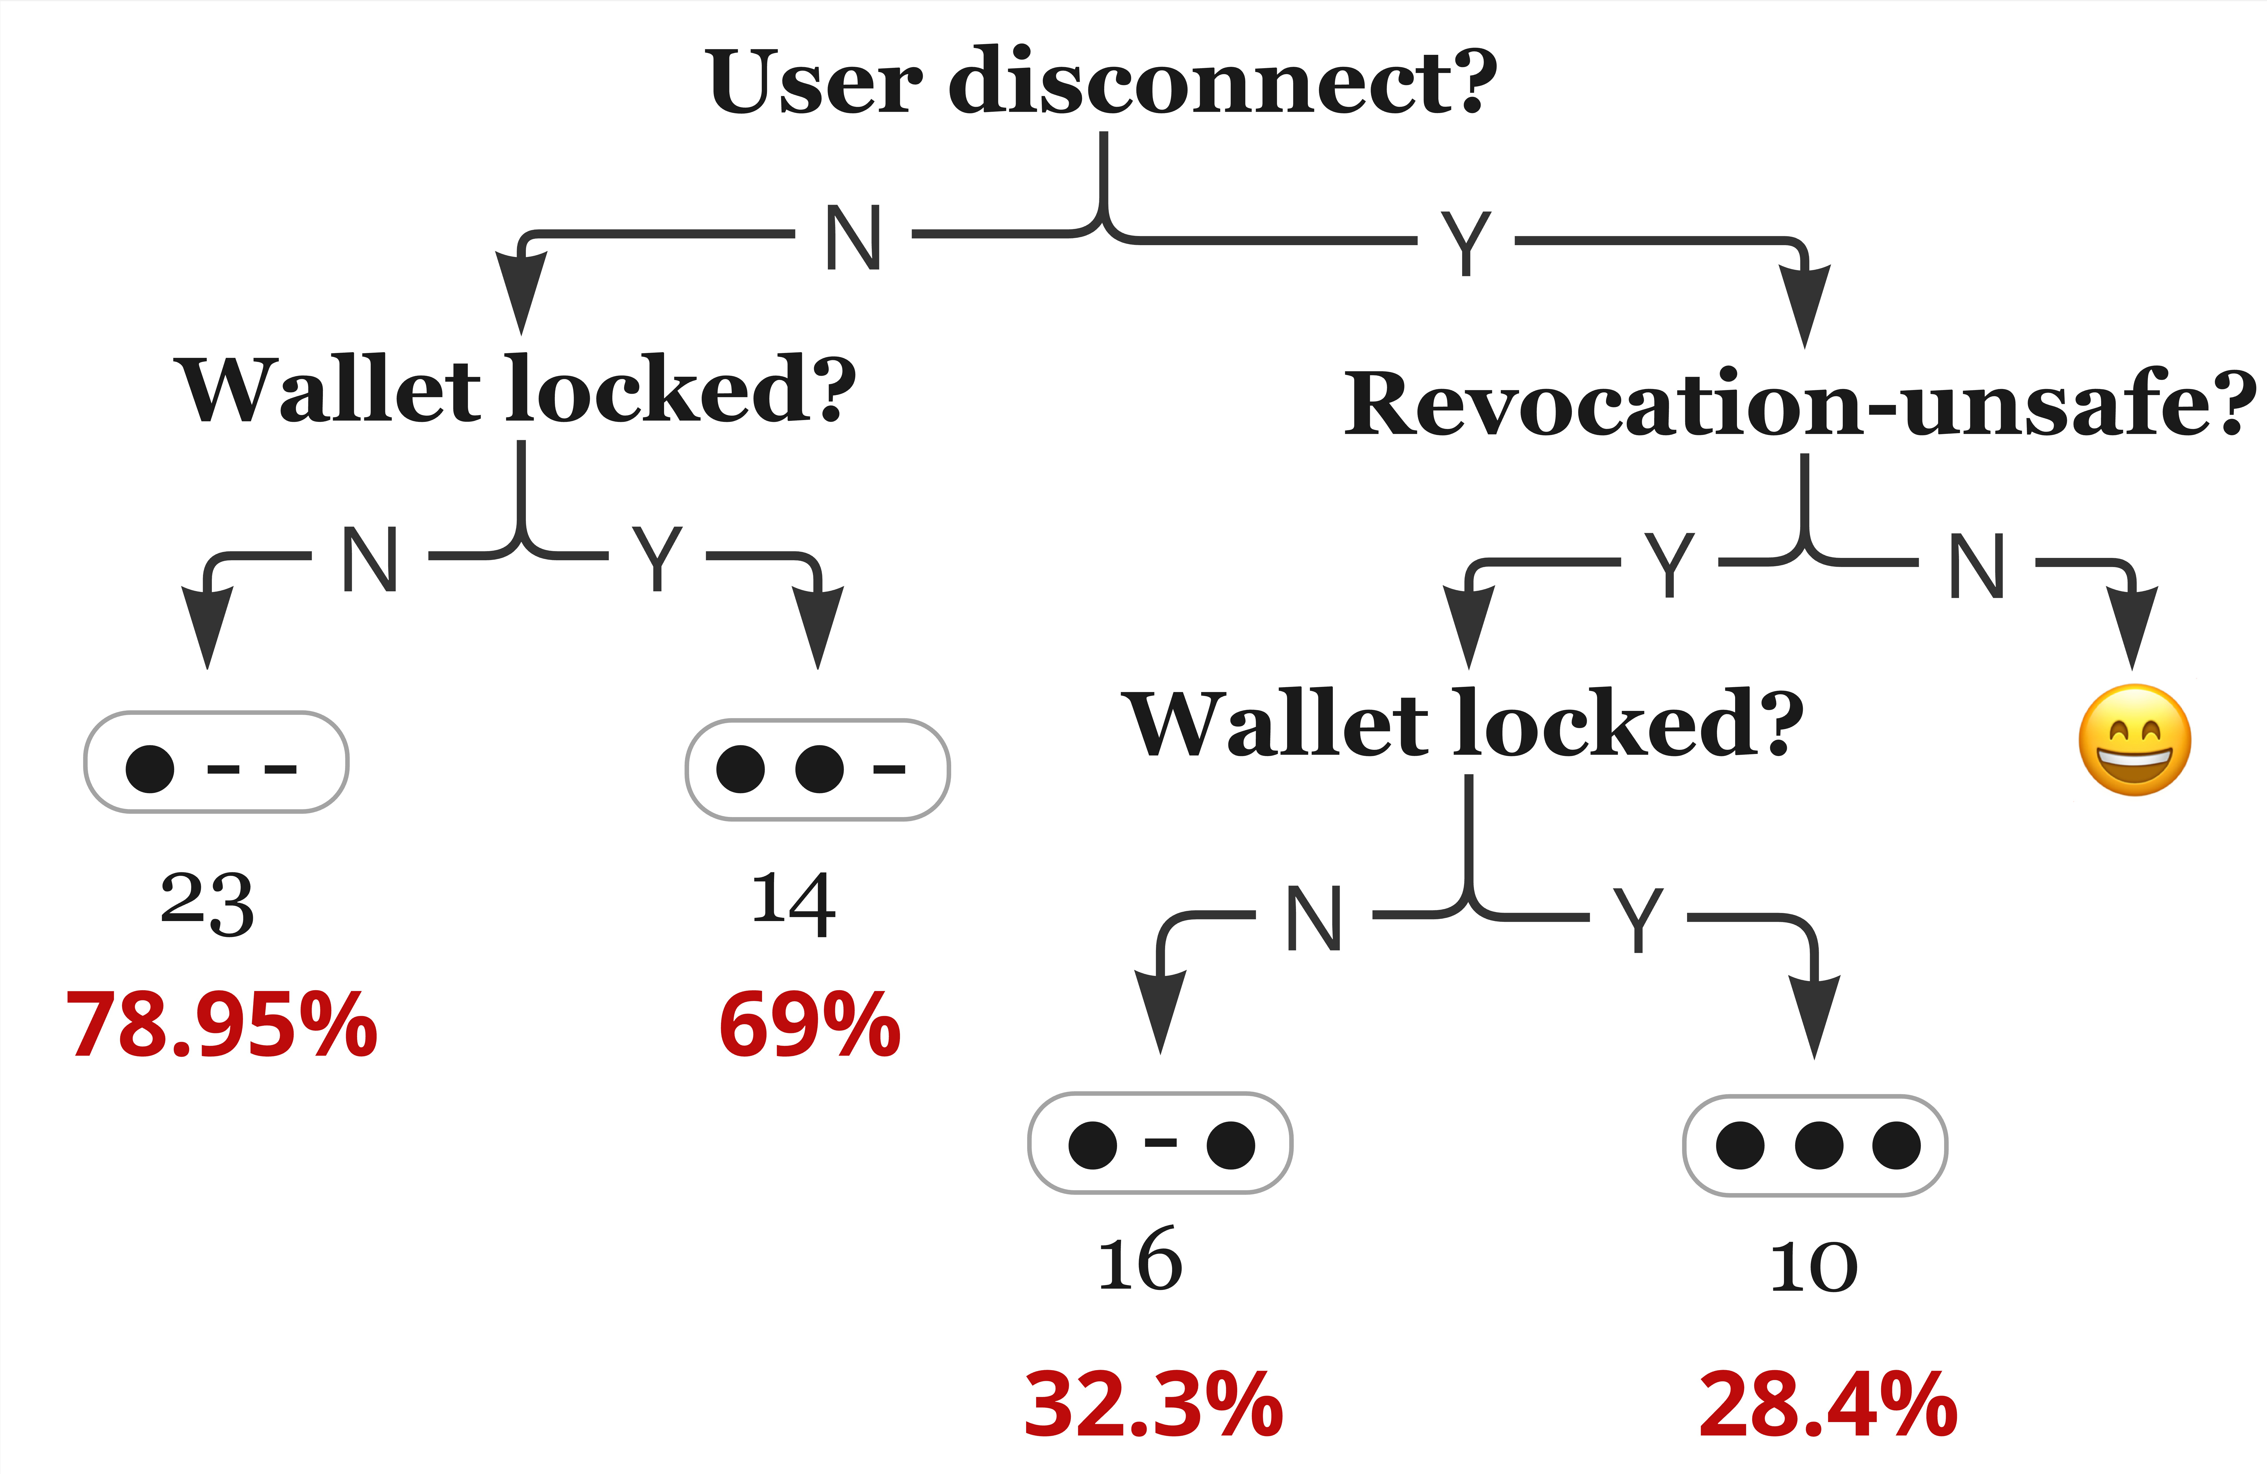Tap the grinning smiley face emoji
(2135, 740)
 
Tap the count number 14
(793, 903)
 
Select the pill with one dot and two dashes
(216, 762)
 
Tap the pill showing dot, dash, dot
(1160, 1143)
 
